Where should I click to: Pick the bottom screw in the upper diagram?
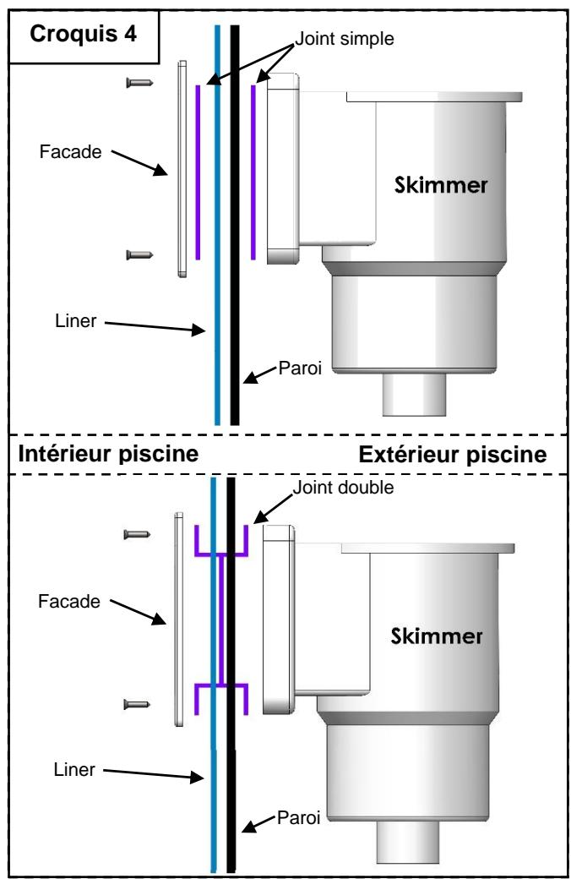click(138, 254)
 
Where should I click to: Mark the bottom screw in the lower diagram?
click(137, 702)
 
